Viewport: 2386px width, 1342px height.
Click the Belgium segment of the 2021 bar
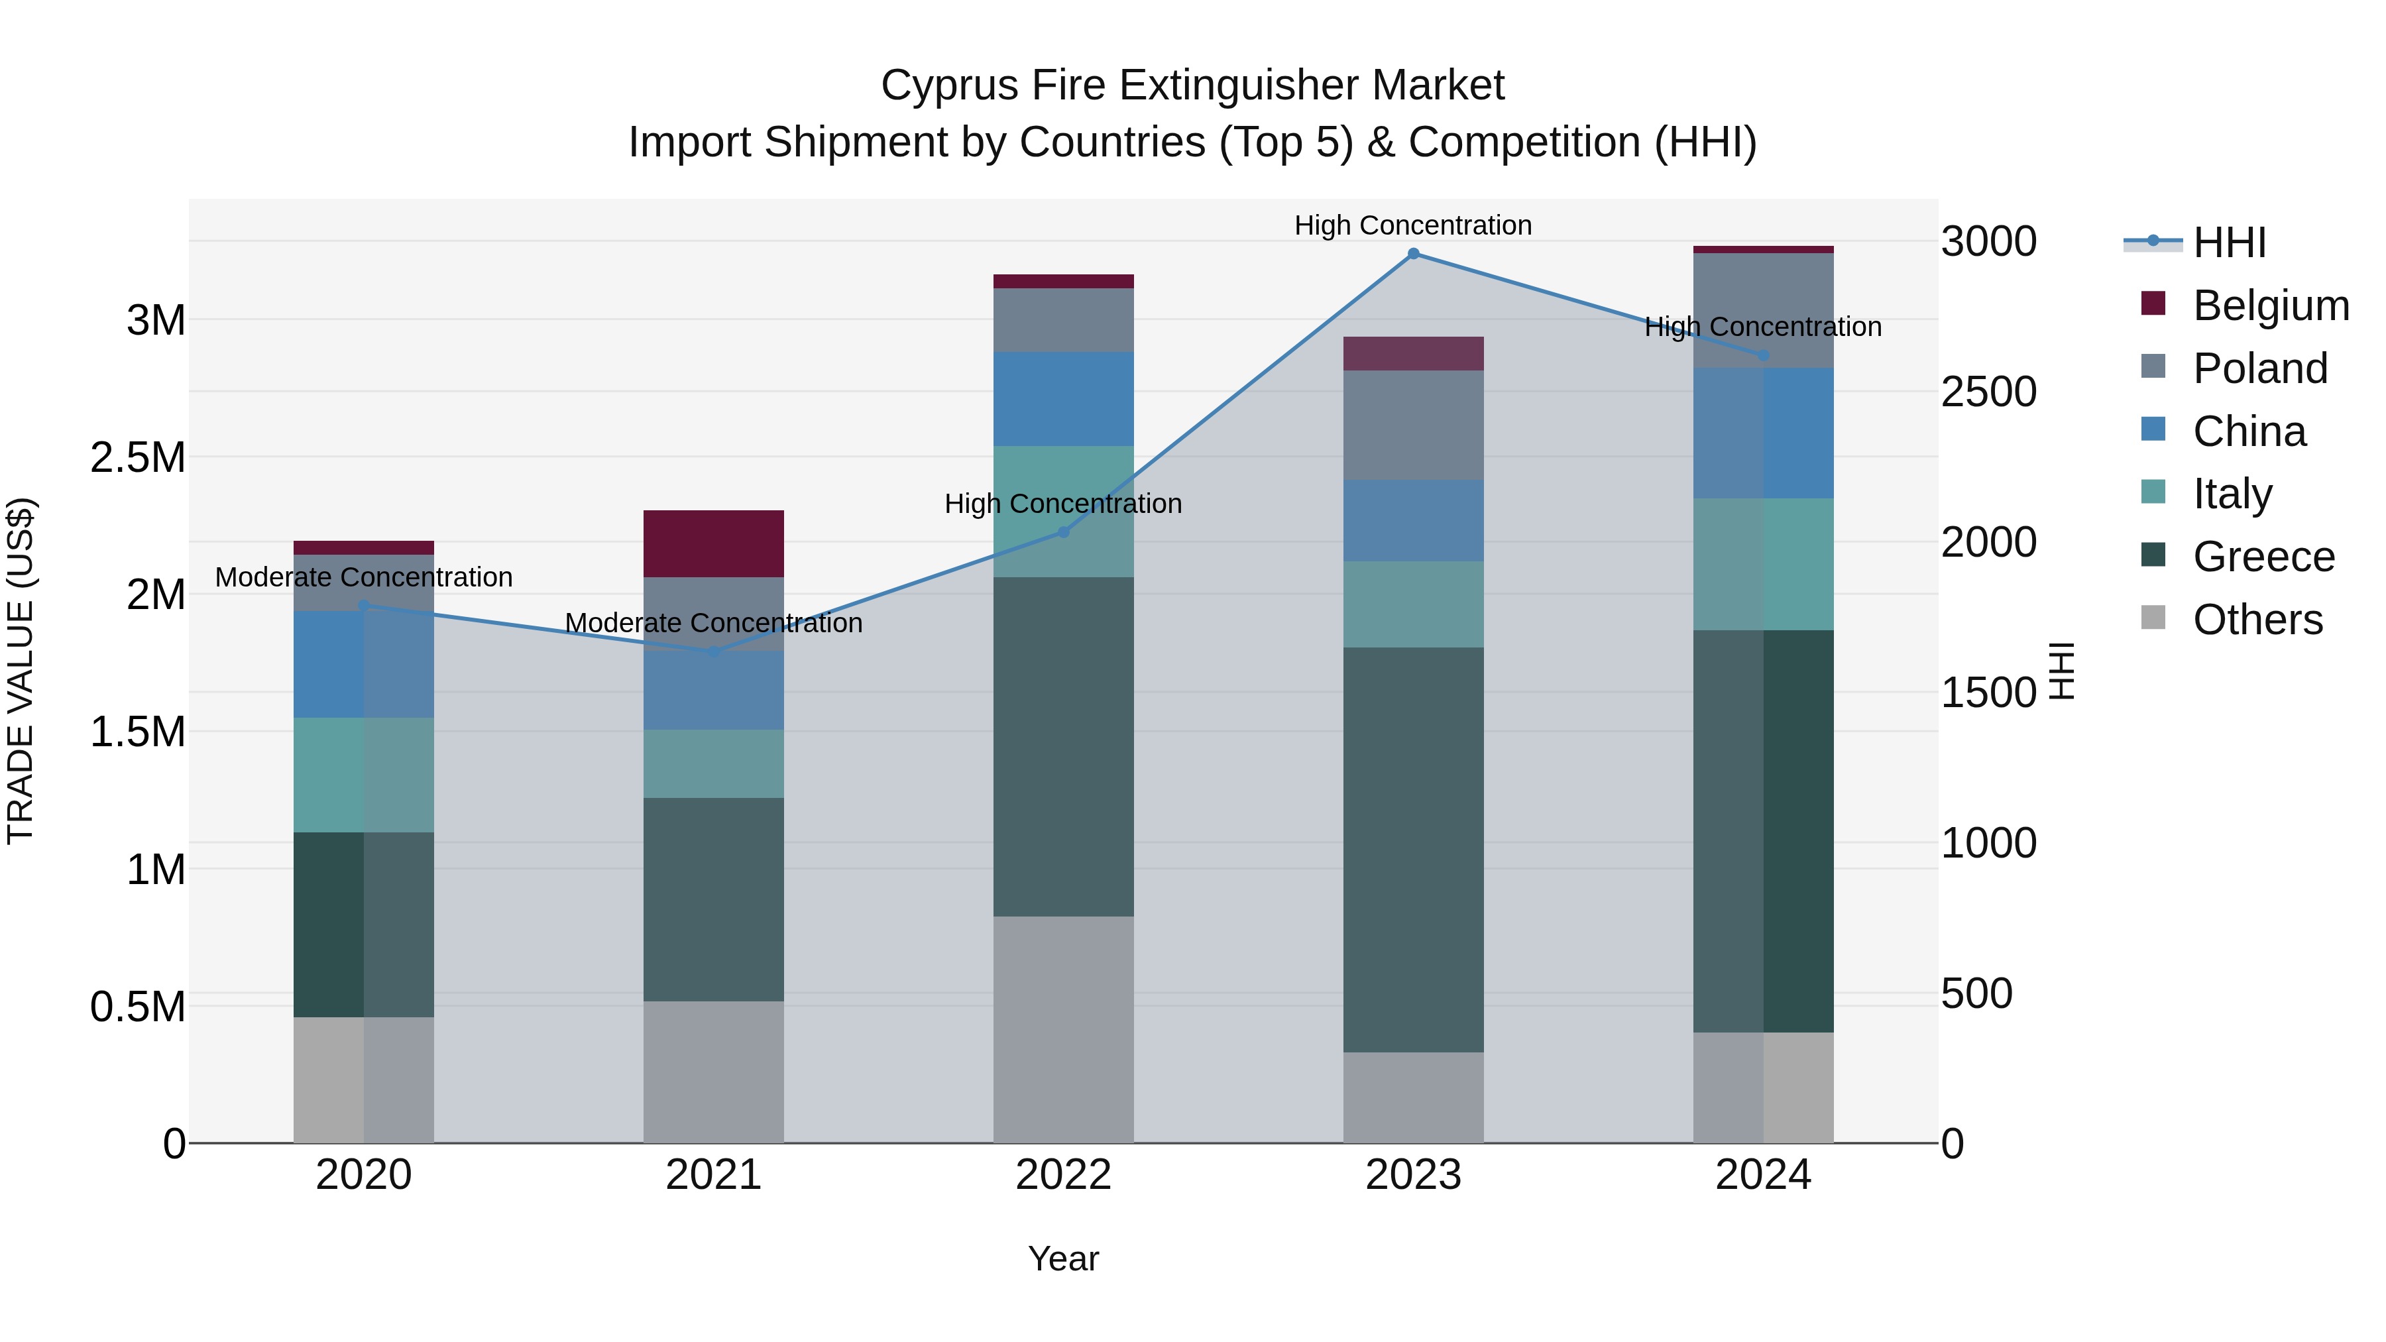pos(713,543)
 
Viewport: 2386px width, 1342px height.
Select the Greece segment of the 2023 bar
pos(1414,850)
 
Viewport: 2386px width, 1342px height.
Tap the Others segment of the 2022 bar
pos(1063,1029)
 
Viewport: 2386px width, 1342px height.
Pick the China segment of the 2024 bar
pos(1764,433)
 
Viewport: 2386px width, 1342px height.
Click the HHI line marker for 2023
pos(1414,254)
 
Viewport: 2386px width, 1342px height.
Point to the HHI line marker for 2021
pos(713,652)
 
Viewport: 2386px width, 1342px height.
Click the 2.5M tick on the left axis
pos(137,457)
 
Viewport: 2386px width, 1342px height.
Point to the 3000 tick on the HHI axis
pos(1988,242)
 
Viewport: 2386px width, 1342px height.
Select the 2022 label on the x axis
pos(1063,1175)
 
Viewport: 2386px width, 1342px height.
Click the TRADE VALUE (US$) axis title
pos(21,671)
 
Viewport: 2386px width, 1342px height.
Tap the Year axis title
pos(1063,1258)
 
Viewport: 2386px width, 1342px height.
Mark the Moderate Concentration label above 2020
pos(363,577)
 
